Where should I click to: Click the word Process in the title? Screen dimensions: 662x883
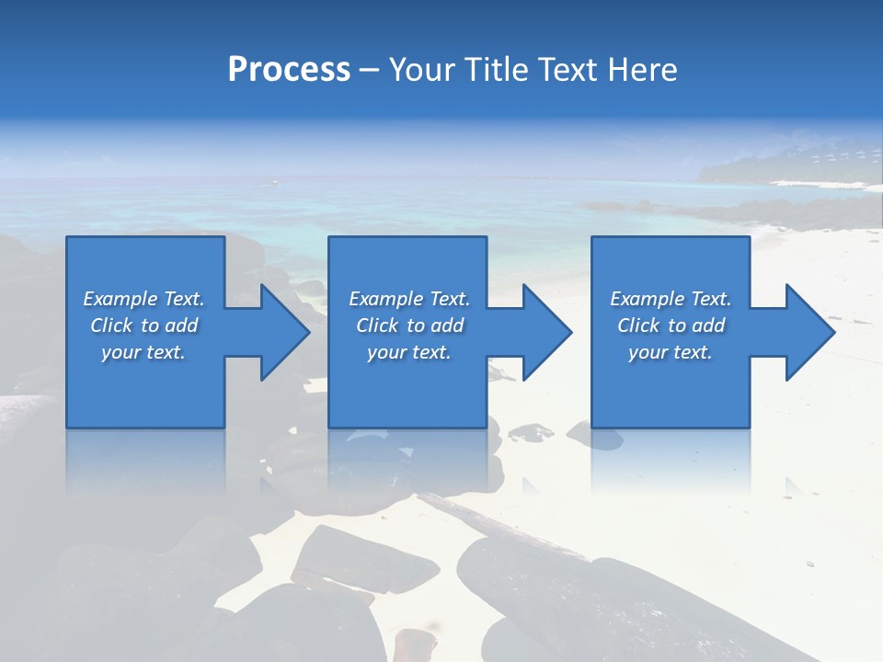[289, 70]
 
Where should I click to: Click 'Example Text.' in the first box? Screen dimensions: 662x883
[143, 299]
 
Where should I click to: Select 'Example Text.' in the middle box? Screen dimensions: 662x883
[409, 299]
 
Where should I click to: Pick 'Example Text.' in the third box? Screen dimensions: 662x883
[671, 299]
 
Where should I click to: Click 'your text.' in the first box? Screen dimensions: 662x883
[143, 352]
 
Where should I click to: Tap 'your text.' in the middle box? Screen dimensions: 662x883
[409, 352]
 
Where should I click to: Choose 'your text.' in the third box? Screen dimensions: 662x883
[671, 352]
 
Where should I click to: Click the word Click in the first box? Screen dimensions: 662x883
[111, 325]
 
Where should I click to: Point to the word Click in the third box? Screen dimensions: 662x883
[638, 325]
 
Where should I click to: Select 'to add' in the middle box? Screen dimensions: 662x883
[434, 325]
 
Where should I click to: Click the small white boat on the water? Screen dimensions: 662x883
[273, 183]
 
